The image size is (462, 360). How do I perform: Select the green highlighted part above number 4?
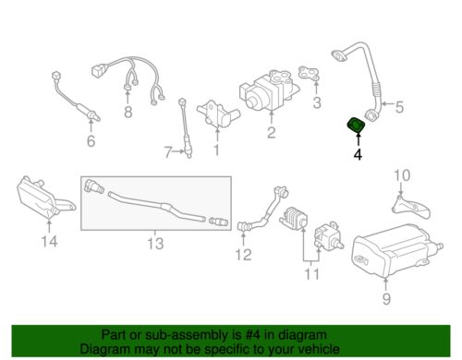(355, 126)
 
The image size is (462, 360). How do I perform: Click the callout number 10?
(399, 174)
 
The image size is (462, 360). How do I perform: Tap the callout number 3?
(317, 101)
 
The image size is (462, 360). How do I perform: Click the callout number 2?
(271, 132)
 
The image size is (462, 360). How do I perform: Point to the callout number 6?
(90, 141)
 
